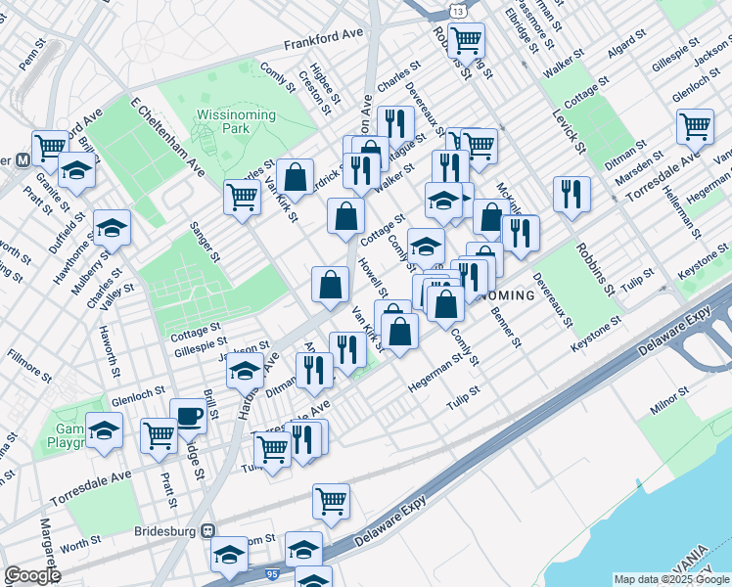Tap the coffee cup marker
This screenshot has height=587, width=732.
point(188,415)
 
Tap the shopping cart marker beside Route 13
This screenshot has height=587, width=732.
point(467,40)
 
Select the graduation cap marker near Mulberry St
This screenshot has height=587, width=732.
point(113,227)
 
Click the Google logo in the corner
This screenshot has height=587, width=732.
point(31,575)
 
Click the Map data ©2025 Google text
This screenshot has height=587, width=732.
point(671,579)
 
